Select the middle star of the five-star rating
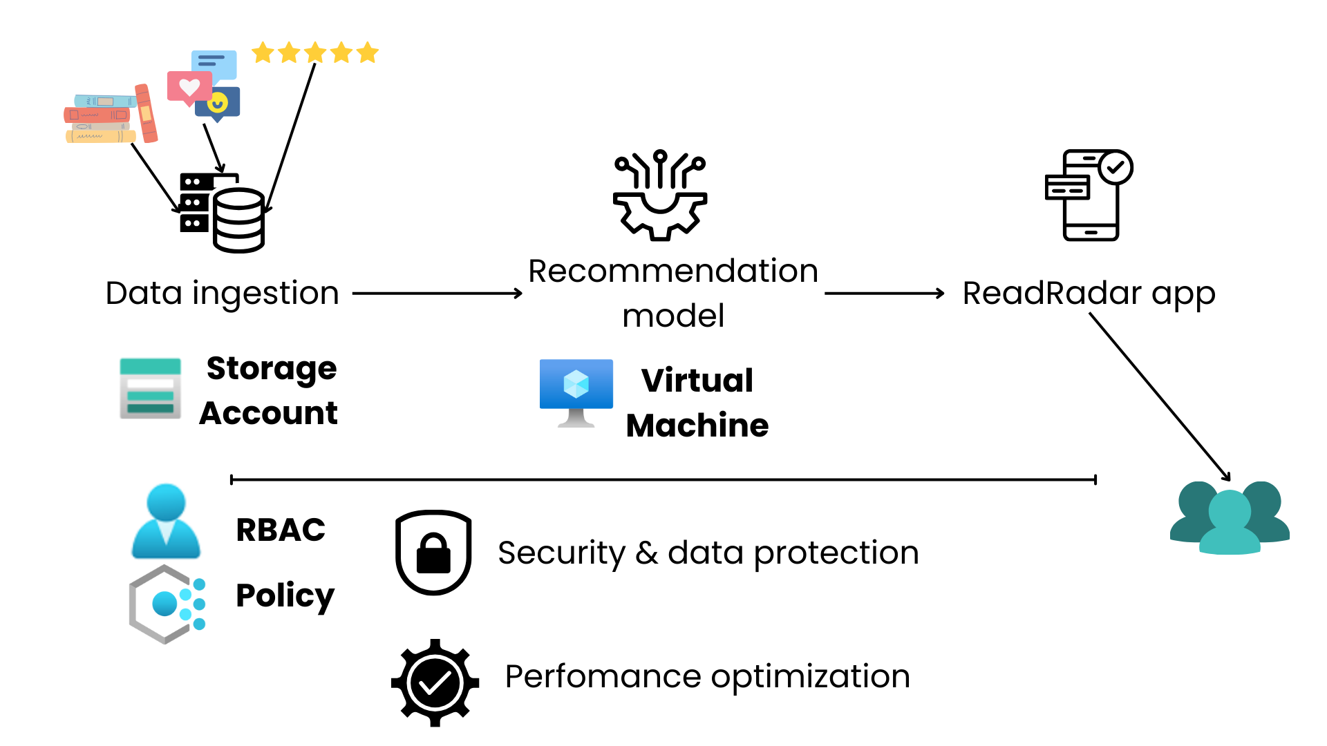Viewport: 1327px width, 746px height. [x=315, y=52]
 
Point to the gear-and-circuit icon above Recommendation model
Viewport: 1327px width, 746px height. [x=660, y=195]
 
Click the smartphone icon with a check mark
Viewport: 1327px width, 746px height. [x=1089, y=195]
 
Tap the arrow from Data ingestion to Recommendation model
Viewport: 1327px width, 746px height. [x=437, y=294]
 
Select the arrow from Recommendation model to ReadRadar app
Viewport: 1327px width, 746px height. [x=884, y=294]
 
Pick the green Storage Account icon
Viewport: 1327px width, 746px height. [x=151, y=388]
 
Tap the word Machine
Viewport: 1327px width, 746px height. [x=697, y=425]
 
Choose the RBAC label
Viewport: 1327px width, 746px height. [x=281, y=530]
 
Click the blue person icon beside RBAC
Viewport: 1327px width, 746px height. [x=166, y=522]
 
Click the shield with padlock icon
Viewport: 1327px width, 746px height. [x=433, y=552]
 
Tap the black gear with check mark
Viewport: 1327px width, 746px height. [x=435, y=682]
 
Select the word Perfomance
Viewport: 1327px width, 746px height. [x=603, y=677]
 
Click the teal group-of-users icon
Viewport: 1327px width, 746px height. [x=1230, y=518]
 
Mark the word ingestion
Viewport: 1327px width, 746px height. [x=265, y=294]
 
